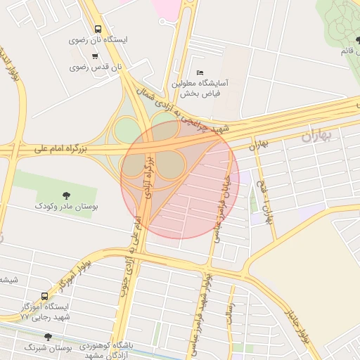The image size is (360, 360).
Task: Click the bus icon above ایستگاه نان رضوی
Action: tap(97, 30)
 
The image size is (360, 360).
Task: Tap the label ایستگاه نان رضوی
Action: tap(98, 40)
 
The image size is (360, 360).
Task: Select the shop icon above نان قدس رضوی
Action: tap(95, 57)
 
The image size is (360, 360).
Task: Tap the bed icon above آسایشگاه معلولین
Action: tap(200, 72)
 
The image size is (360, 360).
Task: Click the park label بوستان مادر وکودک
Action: tap(67, 207)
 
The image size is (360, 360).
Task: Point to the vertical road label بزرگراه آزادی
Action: tap(148, 177)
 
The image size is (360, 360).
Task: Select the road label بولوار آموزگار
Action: tap(67, 278)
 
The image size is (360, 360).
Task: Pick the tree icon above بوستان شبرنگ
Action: tap(49, 337)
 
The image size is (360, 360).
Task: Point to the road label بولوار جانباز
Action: tap(297, 327)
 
